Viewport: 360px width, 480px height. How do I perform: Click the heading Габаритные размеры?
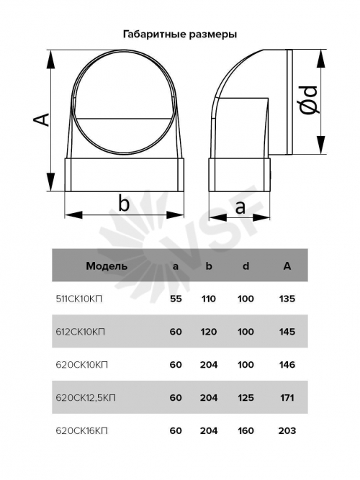180,35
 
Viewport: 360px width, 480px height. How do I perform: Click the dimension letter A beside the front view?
41,119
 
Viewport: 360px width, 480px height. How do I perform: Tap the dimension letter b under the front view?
124,203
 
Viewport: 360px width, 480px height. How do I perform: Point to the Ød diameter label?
308,99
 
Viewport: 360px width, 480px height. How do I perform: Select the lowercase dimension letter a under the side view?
240,207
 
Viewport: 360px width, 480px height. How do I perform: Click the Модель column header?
107,266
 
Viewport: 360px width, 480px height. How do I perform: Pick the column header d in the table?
246,266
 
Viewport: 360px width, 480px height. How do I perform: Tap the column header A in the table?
287,266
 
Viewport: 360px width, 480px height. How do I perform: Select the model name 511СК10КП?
79,299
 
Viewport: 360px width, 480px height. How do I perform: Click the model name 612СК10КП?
80,332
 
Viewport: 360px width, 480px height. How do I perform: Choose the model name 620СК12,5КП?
86,398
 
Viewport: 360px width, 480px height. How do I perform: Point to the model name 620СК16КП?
82,431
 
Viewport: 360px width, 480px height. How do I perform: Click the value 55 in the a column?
176,299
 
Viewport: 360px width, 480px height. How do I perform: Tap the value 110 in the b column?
209,299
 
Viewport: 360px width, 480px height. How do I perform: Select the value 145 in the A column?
287,332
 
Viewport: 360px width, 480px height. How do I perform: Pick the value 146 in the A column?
287,365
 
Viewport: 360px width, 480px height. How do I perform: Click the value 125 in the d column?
246,398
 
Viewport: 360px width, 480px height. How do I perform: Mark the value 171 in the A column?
287,398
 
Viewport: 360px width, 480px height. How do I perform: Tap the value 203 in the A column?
287,431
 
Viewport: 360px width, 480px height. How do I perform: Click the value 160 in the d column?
246,431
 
